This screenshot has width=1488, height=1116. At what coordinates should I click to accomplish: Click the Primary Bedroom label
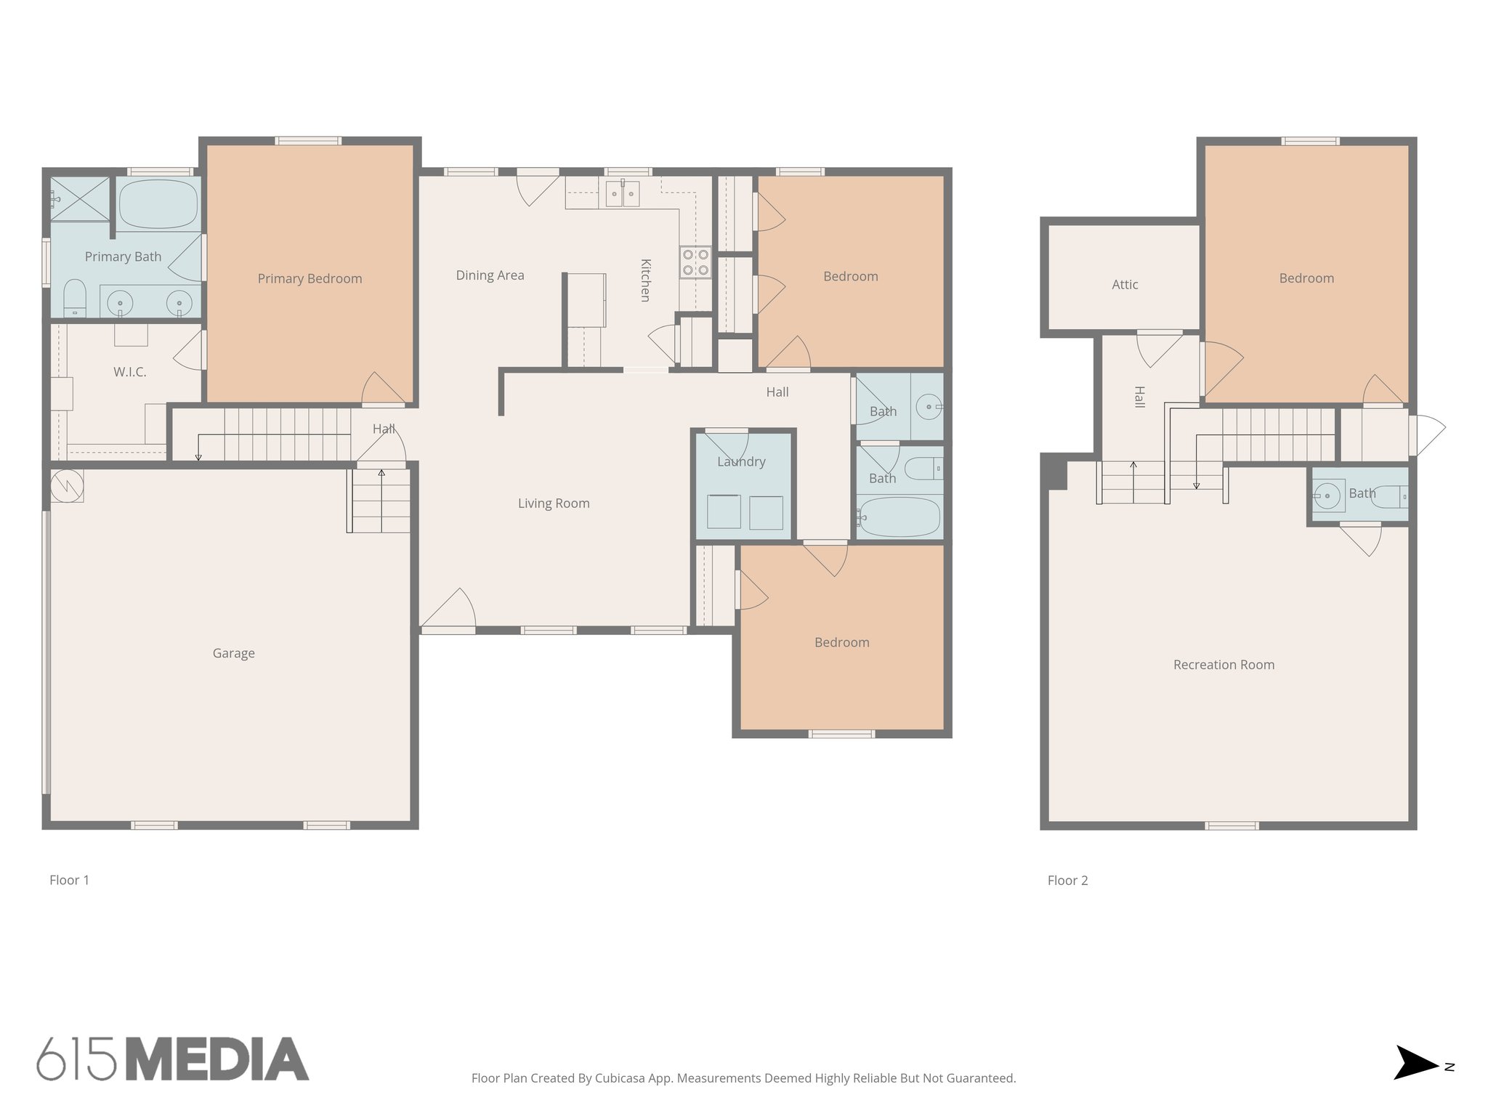point(310,278)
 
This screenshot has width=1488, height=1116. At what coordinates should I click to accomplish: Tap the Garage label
point(233,653)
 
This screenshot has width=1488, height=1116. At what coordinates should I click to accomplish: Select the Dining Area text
point(490,275)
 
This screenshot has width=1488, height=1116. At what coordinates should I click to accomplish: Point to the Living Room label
point(554,504)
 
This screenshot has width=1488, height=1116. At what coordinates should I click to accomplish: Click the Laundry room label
point(741,461)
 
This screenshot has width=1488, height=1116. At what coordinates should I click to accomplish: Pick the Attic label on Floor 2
point(1125,285)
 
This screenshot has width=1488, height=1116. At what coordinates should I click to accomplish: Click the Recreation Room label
point(1224,665)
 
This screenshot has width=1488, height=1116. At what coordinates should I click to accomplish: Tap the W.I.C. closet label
point(129,372)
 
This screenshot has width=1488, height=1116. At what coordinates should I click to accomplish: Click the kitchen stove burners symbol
point(695,262)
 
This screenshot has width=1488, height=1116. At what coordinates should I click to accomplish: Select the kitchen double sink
point(623,194)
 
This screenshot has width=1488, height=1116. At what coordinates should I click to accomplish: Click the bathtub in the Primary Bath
point(158,204)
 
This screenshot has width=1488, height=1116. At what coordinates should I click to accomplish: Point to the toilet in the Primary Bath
point(75,298)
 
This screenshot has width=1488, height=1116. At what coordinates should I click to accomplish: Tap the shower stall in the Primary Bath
point(79,198)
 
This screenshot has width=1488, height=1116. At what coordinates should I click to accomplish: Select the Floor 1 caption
point(69,881)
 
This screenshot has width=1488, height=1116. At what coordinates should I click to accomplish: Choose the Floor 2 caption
point(1067,881)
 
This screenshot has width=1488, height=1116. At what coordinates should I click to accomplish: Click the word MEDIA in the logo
point(217,1059)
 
